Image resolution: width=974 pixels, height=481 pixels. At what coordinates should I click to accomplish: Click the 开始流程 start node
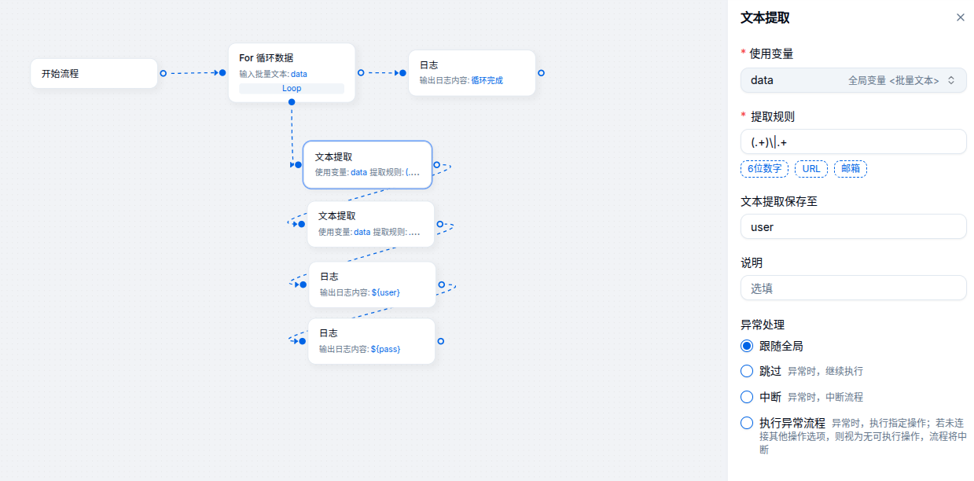coord(94,73)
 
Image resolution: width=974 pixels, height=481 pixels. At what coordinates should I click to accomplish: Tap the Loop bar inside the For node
coord(292,89)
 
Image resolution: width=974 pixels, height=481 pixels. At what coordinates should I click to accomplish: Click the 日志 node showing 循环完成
coord(472,73)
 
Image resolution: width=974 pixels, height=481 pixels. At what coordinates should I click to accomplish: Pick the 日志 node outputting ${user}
coord(372,285)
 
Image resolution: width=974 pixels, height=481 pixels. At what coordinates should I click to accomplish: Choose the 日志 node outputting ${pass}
coord(371,341)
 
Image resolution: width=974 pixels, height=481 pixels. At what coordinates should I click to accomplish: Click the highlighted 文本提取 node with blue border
coord(367,164)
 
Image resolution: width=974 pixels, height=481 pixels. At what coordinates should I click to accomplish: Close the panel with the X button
coord(960,17)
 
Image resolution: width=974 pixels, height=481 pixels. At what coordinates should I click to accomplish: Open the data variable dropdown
coord(853,80)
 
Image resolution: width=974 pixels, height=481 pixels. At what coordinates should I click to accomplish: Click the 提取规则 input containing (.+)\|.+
coord(853,141)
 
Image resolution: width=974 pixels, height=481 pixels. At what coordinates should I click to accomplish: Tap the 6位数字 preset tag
coord(764,169)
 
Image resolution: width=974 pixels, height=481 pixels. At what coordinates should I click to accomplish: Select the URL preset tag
coord(811,169)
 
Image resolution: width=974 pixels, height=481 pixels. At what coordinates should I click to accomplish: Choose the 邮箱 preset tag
coord(851,169)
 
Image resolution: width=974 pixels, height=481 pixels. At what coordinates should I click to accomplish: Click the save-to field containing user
coord(853,227)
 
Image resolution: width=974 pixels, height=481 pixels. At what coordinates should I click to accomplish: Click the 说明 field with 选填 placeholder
coord(853,288)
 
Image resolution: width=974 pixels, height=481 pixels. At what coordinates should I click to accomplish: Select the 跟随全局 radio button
coord(747,346)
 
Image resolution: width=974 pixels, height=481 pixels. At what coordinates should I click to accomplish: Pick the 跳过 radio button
coord(747,371)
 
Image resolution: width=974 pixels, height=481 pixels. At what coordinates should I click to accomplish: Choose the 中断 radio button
coord(747,397)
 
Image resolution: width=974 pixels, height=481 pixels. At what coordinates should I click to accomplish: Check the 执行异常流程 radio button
coord(747,423)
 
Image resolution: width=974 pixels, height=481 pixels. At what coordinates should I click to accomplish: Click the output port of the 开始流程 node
coord(163,73)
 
